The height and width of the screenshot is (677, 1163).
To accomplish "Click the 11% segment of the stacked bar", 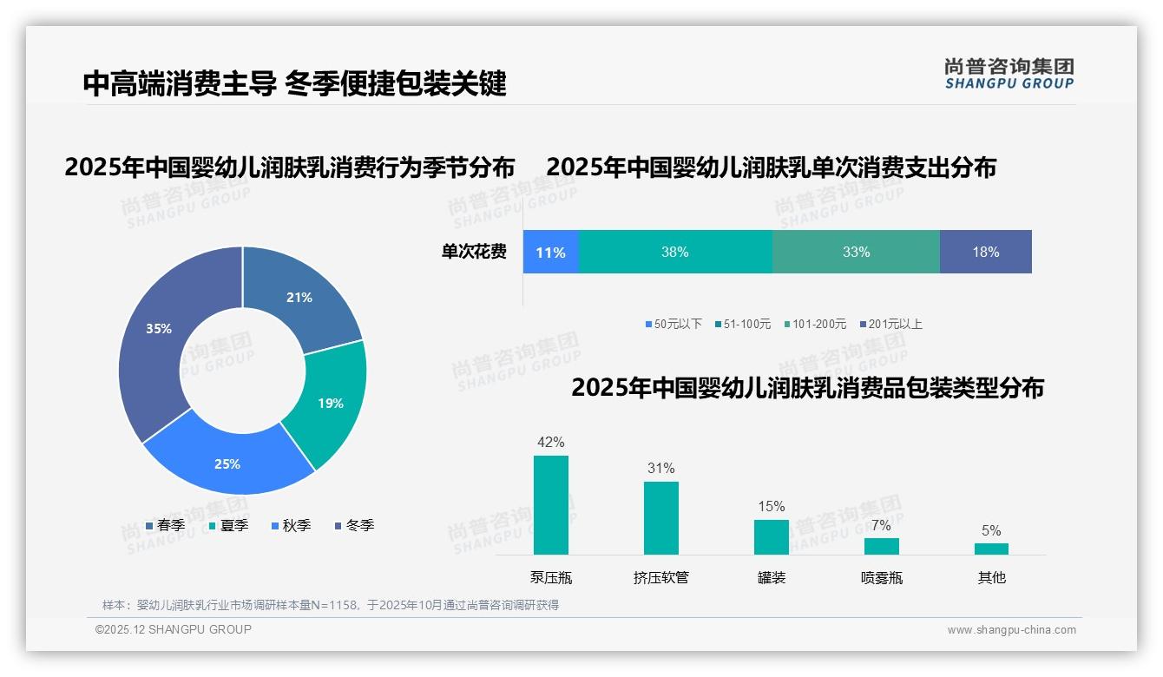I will [x=550, y=253].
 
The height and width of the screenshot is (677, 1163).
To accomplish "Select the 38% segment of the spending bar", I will [x=675, y=253].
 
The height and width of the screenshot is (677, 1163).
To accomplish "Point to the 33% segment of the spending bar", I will [x=856, y=253].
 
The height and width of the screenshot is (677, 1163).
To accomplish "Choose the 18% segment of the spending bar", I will [x=986, y=253].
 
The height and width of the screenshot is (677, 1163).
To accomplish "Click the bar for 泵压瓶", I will [x=551, y=505].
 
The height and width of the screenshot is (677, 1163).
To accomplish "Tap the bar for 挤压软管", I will [x=661, y=518].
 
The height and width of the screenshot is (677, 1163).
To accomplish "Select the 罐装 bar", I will [x=772, y=537].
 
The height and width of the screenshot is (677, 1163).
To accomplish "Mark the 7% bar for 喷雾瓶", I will [x=882, y=546].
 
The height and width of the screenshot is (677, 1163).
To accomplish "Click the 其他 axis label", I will [x=992, y=577].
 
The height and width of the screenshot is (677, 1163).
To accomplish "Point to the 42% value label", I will [x=551, y=443].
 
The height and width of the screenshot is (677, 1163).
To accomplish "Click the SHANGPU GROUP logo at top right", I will [x=1009, y=74].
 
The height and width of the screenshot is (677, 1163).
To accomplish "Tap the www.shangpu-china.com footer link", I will [x=1011, y=630].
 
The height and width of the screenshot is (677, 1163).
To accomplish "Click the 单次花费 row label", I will [x=474, y=253].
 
